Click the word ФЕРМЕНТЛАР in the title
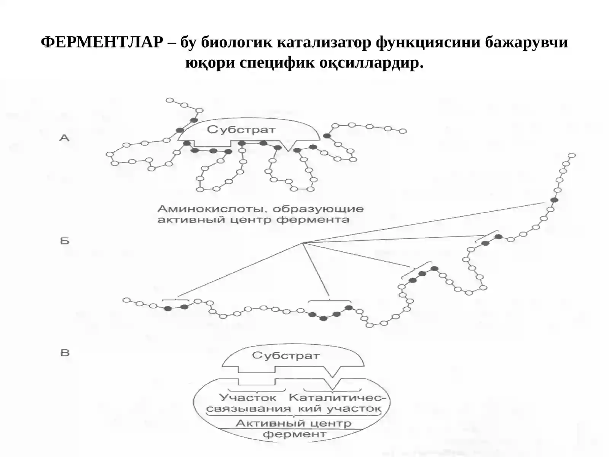[102, 42]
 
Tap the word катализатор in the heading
[324, 42]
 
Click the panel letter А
[64, 138]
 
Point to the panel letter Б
[65, 241]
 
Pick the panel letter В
[65, 353]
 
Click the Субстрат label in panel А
[241, 129]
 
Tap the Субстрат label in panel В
[286, 355]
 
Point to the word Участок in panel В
[248, 398]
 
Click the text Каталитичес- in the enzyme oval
[337, 398]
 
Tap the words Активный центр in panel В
[293, 423]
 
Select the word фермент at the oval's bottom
[294, 434]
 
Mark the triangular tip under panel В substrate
[333, 377]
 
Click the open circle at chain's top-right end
[572, 155]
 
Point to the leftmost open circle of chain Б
[126, 300]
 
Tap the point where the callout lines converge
[303, 243]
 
